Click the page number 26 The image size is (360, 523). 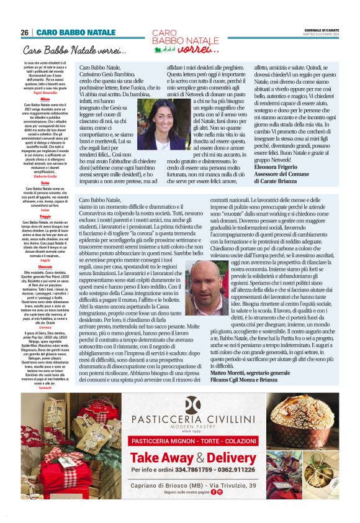pos(25,32)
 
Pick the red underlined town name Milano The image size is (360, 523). pos(45,99)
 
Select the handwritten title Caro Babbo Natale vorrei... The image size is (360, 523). pos(74,50)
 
